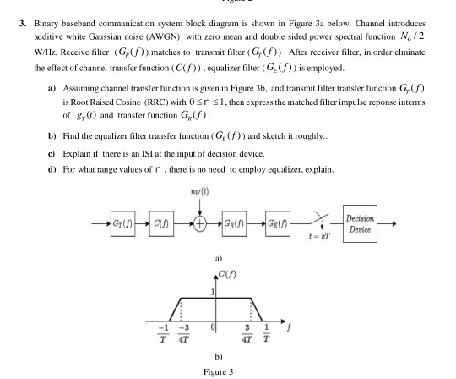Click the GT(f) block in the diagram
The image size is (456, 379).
[x=122, y=224]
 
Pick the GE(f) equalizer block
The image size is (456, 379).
[x=279, y=224]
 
